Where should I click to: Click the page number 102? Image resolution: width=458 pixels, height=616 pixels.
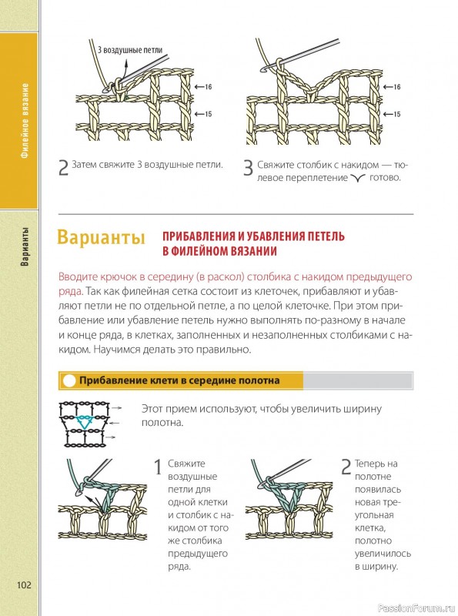(24, 585)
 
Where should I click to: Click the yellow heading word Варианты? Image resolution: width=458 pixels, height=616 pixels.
(101, 238)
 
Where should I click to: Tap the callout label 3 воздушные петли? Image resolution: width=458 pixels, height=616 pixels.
(130, 50)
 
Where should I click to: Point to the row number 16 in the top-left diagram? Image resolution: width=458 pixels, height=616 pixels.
(208, 86)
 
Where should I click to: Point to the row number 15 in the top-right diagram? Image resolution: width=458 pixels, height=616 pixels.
(396, 114)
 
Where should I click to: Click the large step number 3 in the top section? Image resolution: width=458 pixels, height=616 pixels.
(248, 168)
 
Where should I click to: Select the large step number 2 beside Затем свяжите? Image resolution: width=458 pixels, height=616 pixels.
(63, 168)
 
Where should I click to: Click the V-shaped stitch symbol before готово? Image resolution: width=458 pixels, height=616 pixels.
(358, 178)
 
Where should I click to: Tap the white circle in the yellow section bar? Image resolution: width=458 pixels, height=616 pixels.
(69, 380)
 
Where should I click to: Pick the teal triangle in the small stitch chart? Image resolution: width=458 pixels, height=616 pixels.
(83, 422)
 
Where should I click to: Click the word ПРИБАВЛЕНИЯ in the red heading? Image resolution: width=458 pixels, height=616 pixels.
(199, 236)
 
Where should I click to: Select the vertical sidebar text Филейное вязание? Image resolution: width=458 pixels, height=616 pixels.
(25, 120)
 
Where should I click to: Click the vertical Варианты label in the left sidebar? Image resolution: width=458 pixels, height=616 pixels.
(25, 246)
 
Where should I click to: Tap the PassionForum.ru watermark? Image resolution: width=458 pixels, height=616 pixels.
(416, 608)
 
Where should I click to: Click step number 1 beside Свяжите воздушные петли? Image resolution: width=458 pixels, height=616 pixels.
(158, 467)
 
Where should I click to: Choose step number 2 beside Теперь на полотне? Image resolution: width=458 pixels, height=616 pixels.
(346, 467)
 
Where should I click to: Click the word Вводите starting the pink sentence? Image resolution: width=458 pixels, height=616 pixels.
(75, 277)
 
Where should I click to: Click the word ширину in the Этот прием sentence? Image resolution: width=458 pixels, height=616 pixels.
(363, 410)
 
